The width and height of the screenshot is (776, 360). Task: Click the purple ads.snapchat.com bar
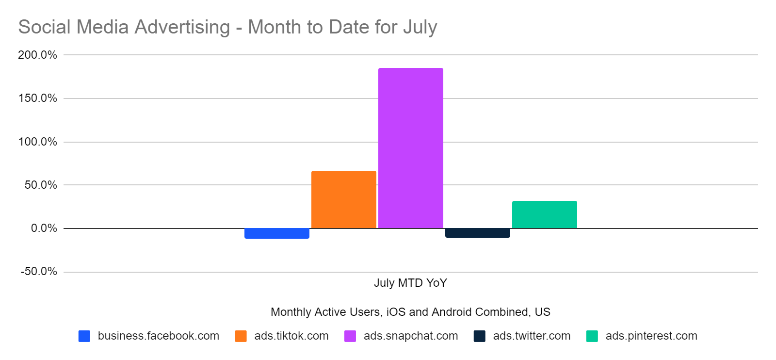coord(410,148)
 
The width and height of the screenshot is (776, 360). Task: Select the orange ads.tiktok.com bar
coord(343,199)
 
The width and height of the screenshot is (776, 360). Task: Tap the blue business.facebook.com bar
coord(276,233)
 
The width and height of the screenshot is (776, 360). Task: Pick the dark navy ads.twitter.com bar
coord(477,233)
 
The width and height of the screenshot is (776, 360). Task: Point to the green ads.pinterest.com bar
coord(544,214)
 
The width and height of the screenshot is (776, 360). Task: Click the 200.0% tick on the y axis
coord(37,55)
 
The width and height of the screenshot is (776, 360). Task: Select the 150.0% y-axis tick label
coord(37,98)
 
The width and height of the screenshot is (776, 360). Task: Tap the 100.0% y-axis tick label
coord(37,142)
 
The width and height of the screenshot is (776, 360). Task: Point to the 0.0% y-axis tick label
coord(44,228)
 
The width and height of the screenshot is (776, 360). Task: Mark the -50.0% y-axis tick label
coord(39,271)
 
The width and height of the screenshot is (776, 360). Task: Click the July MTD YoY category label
coord(410,283)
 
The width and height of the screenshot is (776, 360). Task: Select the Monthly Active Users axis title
coord(410,312)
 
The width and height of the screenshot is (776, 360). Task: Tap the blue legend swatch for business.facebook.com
coord(84,336)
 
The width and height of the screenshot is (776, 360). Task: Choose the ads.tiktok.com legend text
coord(291,336)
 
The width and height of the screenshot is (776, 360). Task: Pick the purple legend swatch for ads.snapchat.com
coord(350,336)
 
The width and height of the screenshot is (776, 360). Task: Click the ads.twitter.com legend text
coord(532,336)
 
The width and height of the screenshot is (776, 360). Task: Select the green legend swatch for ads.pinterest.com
coord(592,336)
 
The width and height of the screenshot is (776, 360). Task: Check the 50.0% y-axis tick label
coord(41,185)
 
